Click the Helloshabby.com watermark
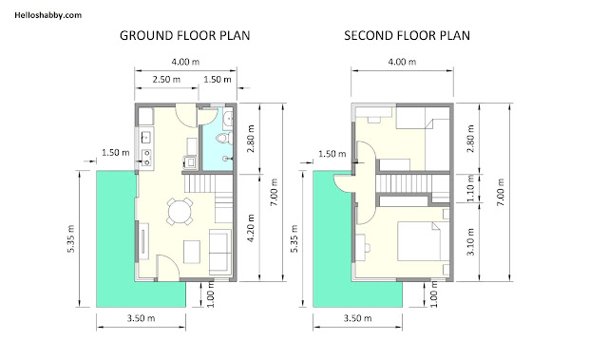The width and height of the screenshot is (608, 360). (48, 15)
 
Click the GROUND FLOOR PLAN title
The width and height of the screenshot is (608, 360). (185, 36)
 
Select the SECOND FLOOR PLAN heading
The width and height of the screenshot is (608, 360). (408, 36)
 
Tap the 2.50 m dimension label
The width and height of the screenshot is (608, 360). (166, 80)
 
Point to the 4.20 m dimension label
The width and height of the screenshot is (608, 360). (251, 228)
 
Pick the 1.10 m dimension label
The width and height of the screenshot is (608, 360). (470, 188)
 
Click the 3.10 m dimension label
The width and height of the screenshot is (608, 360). (470, 242)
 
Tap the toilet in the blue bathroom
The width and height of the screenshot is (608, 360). (224, 139)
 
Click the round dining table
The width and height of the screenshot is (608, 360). (180, 211)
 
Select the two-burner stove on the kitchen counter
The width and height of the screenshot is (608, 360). (146, 158)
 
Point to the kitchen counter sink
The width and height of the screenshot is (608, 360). (146, 137)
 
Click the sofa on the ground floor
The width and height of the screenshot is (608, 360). (219, 252)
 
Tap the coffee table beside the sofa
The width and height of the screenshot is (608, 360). (192, 252)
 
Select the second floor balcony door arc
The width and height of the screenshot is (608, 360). (343, 183)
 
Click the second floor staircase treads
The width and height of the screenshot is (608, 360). (403, 183)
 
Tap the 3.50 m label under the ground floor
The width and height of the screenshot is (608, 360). (142, 318)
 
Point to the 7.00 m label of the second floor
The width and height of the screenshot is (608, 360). (501, 192)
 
